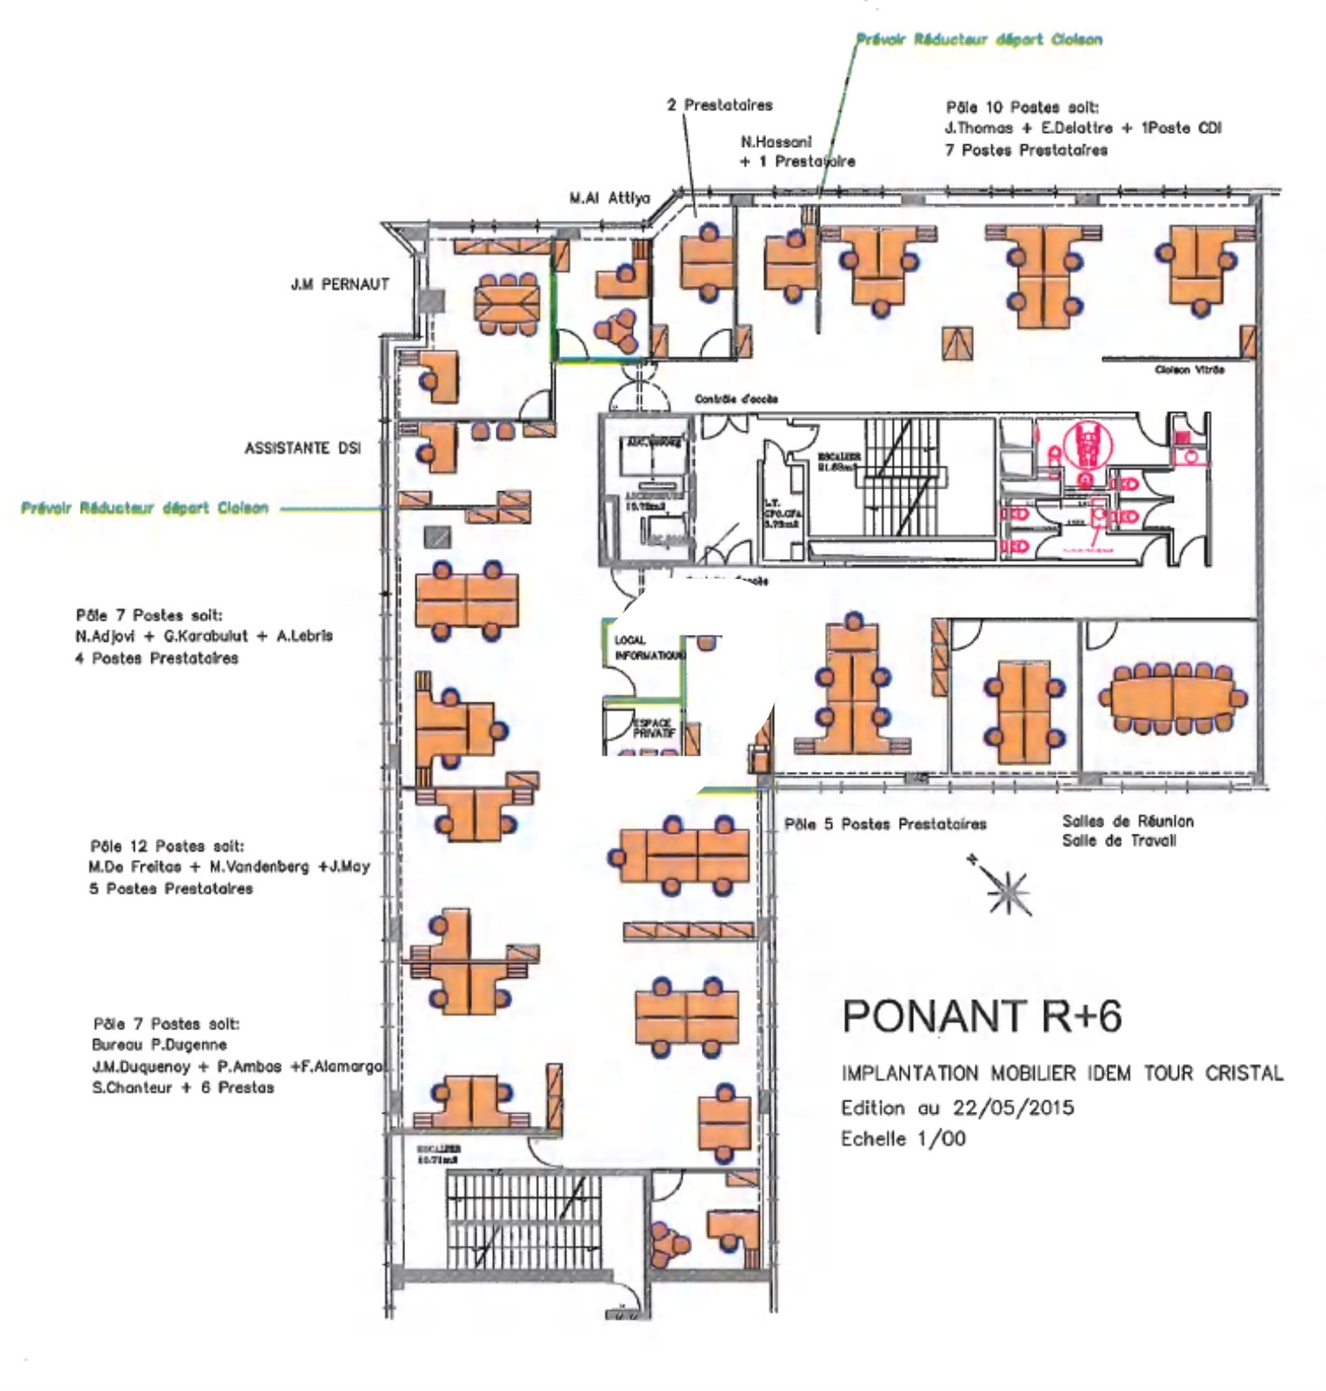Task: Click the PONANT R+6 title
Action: (x=982, y=1015)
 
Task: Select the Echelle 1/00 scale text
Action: (x=903, y=1139)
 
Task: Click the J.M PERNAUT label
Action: (x=339, y=284)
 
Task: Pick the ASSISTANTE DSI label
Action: (x=303, y=449)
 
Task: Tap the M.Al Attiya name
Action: (x=610, y=198)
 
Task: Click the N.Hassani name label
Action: (x=776, y=142)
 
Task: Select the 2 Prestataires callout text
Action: (x=719, y=105)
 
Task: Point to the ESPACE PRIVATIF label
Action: (x=653, y=728)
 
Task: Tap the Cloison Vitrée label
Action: (x=1189, y=370)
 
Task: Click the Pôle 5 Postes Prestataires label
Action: (x=885, y=824)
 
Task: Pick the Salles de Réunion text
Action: (x=1127, y=822)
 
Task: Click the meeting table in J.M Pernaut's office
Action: (x=507, y=303)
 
